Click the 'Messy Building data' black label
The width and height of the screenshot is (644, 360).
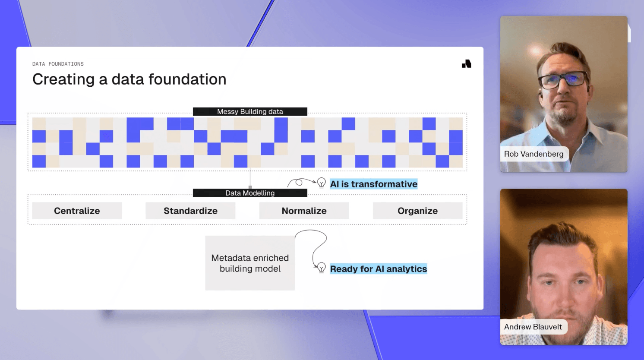[250, 111]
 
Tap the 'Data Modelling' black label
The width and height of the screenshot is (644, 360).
[250, 193]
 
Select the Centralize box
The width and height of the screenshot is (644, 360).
[77, 211]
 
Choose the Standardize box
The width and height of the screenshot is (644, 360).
[190, 211]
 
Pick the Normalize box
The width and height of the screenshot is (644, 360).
[304, 211]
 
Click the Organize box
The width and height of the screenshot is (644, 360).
[417, 211]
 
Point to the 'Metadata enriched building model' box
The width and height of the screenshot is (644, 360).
[250, 263]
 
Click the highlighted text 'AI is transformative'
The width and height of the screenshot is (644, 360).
[373, 184]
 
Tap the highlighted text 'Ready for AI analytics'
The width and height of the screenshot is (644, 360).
[379, 269]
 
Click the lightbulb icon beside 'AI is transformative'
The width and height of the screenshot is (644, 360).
[322, 183]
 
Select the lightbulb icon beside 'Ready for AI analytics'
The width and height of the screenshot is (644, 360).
[322, 268]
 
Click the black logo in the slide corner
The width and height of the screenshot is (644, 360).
[466, 64]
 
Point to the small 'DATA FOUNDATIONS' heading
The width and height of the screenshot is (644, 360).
[58, 64]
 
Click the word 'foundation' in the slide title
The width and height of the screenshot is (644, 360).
[187, 79]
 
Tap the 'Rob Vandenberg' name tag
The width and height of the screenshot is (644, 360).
[534, 154]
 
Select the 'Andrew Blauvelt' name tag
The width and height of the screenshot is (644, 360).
[533, 327]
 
